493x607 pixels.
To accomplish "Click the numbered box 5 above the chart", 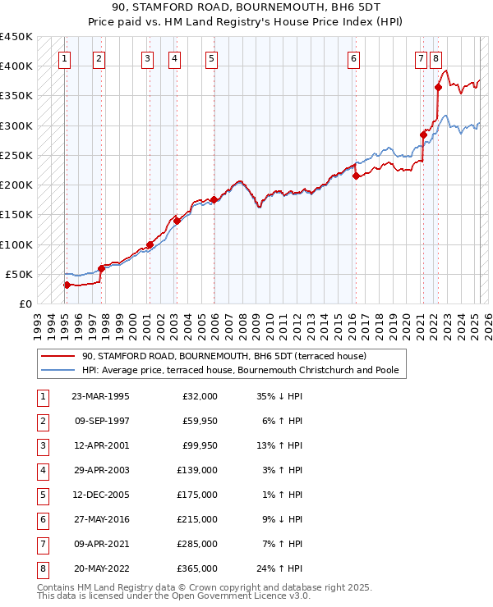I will point(212,58).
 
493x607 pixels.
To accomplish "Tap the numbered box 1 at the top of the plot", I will point(64,58).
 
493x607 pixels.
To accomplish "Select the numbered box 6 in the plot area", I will point(353,58).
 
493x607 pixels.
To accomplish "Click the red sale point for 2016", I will point(356,175).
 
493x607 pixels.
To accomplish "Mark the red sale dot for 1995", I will point(67,285).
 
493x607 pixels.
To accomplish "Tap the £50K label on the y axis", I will point(19,274).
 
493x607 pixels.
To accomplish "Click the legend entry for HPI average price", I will point(240,371).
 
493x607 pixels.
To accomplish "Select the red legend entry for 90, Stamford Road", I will point(229,356).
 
